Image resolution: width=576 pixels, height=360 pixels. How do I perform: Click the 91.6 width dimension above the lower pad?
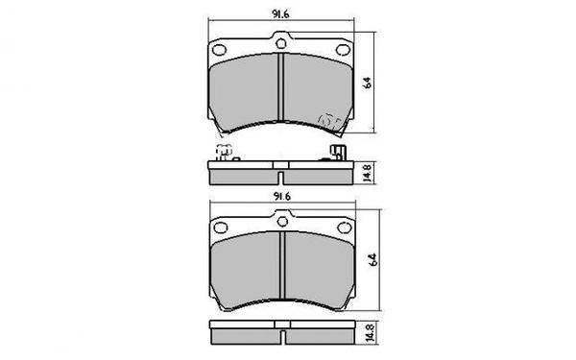(x=282, y=197)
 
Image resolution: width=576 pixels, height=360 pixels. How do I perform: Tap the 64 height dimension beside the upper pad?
(x=368, y=84)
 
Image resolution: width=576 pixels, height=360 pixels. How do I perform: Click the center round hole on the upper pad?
(x=282, y=41)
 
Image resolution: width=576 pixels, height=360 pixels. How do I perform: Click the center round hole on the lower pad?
(x=282, y=223)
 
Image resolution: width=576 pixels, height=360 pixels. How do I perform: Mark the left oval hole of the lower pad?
(x=220, y=228)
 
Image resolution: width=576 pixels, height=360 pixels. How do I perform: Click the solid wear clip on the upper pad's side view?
(x=337, y=153)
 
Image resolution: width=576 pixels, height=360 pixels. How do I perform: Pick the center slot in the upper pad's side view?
(x=280, y=175)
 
